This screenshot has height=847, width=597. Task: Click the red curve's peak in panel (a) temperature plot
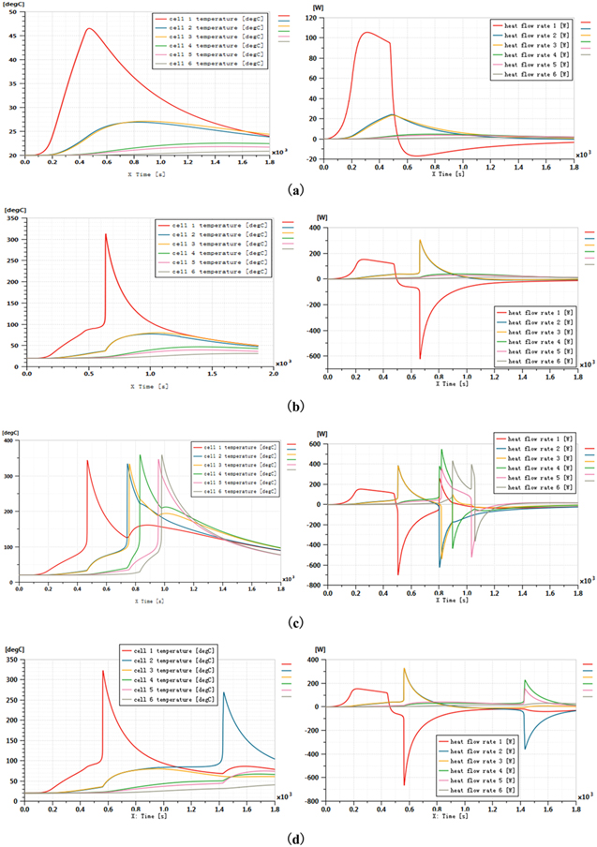point(89,28)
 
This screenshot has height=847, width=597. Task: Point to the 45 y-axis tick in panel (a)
point(12,37)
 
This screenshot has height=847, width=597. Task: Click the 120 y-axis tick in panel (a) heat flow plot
point(313,19)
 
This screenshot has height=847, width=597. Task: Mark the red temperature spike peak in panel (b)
point(106,234)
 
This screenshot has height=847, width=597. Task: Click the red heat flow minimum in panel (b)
point(420,359)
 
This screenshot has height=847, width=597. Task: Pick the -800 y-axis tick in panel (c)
point(312,585)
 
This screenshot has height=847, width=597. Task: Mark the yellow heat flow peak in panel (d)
point(404,669)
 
